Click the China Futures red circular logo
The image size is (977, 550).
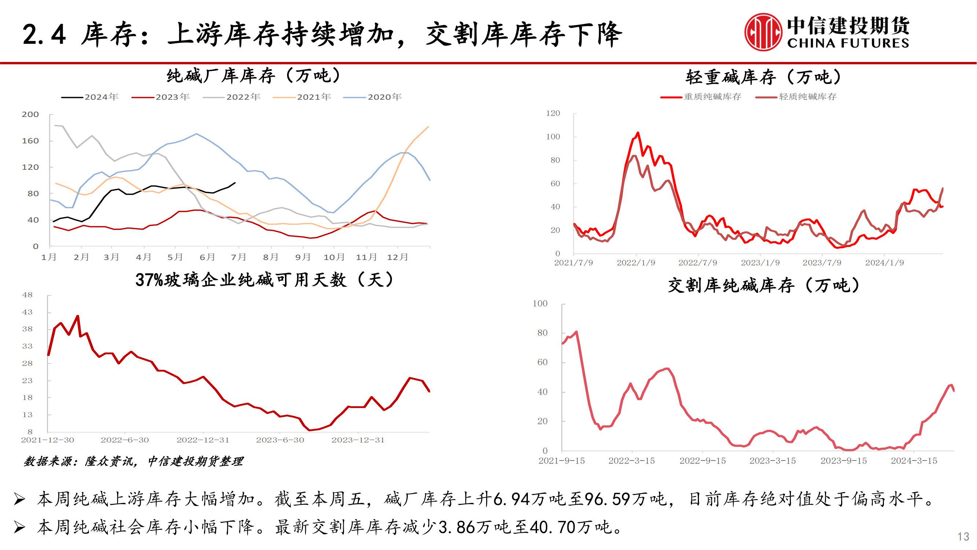pyautogui.click(x=763, y=32)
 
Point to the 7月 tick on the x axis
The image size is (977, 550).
pyautogui.click(x=238, y=257)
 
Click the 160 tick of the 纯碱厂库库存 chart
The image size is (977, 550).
pyautogui.click(x=30, y=141)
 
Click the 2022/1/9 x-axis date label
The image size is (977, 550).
pyautogui.click(x=636, y=263)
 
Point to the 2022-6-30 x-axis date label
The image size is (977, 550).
pyautogui.click(x=125, y=440)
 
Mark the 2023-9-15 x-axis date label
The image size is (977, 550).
pyautogui.click(x=844, y=461)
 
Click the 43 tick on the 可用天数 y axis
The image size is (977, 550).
pyautogui.click(x=27, y=312)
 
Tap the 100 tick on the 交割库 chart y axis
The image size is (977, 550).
pyautogui.click(x=540, y=304)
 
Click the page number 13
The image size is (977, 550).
pyautogui.click(x=963, y=536)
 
